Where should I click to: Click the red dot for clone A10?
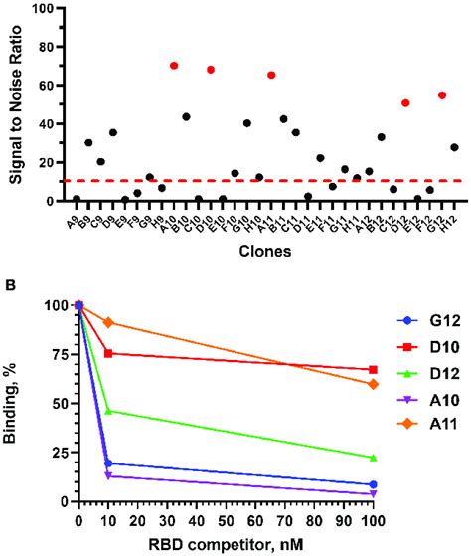(174, 66)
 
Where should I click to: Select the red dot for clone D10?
(211, 70)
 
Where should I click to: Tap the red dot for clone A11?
(271, 75)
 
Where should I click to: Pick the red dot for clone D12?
(405, 102)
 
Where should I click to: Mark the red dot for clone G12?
(442, 95)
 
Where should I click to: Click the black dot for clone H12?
(454, 147)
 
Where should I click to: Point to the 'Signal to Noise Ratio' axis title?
(15, 104)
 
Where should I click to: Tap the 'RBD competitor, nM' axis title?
(227, 545)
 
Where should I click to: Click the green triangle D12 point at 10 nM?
(108, 439)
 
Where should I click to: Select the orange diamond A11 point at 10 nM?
(108, 322)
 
